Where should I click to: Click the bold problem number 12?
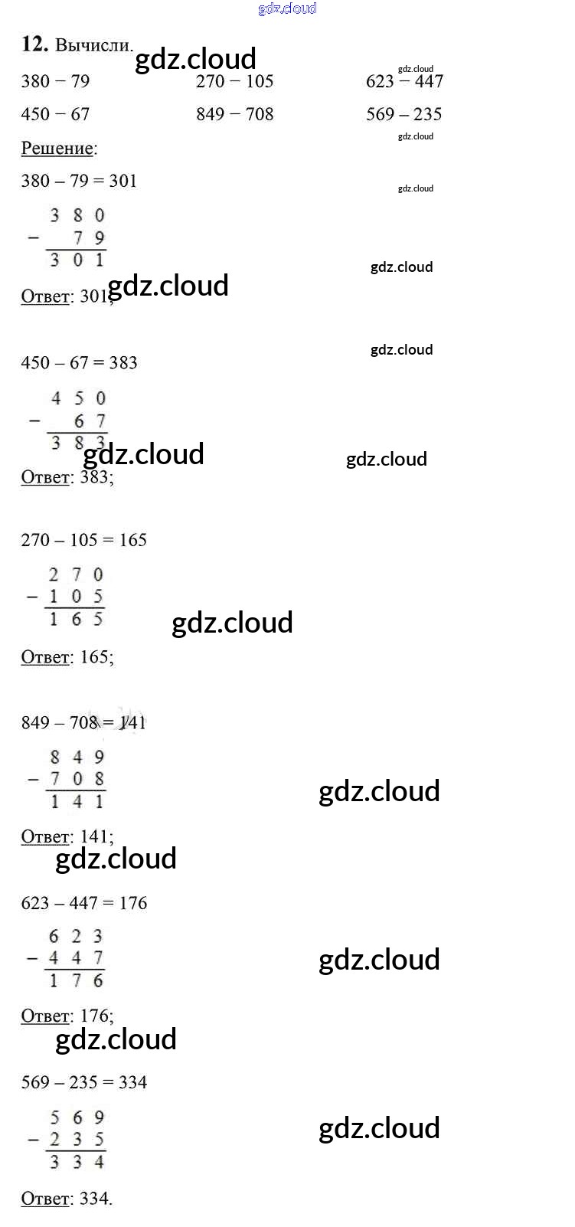[x=34, y=44]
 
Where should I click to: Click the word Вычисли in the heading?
[x=93, y=45]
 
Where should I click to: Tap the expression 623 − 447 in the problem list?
[x=404, y=81]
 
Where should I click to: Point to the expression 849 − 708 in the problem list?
[x=234, y=114]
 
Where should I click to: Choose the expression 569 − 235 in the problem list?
[x=403, y=114]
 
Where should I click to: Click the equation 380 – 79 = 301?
[x=79, y=181]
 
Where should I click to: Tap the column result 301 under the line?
[x=77, y=260]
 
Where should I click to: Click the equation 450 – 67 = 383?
[x=79, y=362]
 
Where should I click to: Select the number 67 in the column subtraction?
[x=90, y=421]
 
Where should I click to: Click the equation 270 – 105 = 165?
[x=83, y=540]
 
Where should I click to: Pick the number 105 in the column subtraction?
[x=76, y=597]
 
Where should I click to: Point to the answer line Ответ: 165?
[x=67, y=656]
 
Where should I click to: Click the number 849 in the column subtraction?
[x=77, y=757]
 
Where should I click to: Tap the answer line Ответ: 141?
[x=67, y=836]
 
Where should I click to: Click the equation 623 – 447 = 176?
[x=83, y=903]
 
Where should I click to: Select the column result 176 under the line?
[x=76, y=980]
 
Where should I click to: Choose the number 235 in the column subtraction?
[x=77, y=1140]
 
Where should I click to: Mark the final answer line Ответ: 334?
[x=66, y=1198]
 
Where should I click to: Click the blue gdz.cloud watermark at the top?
[x=287, y=8]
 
